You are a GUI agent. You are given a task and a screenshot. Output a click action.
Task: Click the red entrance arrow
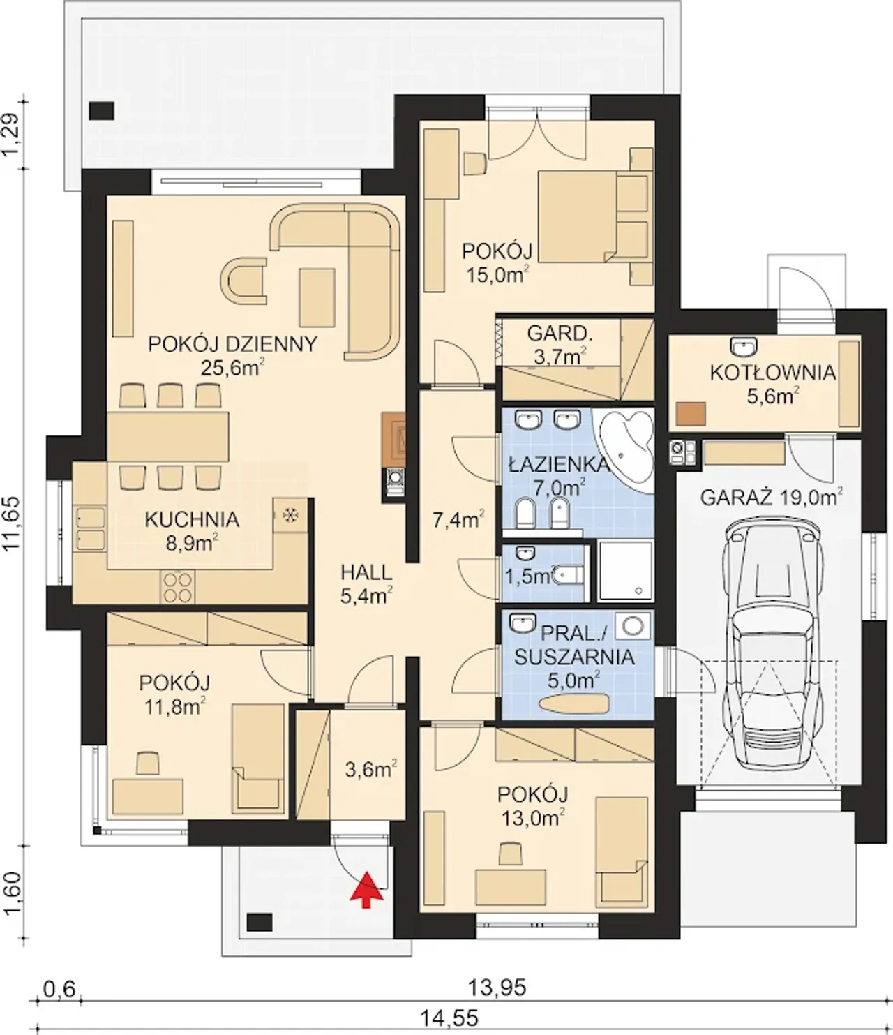tap(367, 889)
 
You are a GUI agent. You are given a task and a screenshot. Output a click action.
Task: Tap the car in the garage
tap(772, 650)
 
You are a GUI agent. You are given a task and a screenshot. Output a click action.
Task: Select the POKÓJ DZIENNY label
tap(233, 344)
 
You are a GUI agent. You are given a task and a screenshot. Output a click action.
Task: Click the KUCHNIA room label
tap(192, 519)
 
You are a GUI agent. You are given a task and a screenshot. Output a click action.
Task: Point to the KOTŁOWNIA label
tap(773, 373)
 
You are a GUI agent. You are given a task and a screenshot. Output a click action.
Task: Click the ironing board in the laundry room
tap(575, 703)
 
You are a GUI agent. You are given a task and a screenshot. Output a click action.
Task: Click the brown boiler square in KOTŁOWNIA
tap(690, 414)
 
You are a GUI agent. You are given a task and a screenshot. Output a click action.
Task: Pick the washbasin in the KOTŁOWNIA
tap(744, 345)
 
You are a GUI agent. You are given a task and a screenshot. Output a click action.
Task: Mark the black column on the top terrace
tap(102, 111)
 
